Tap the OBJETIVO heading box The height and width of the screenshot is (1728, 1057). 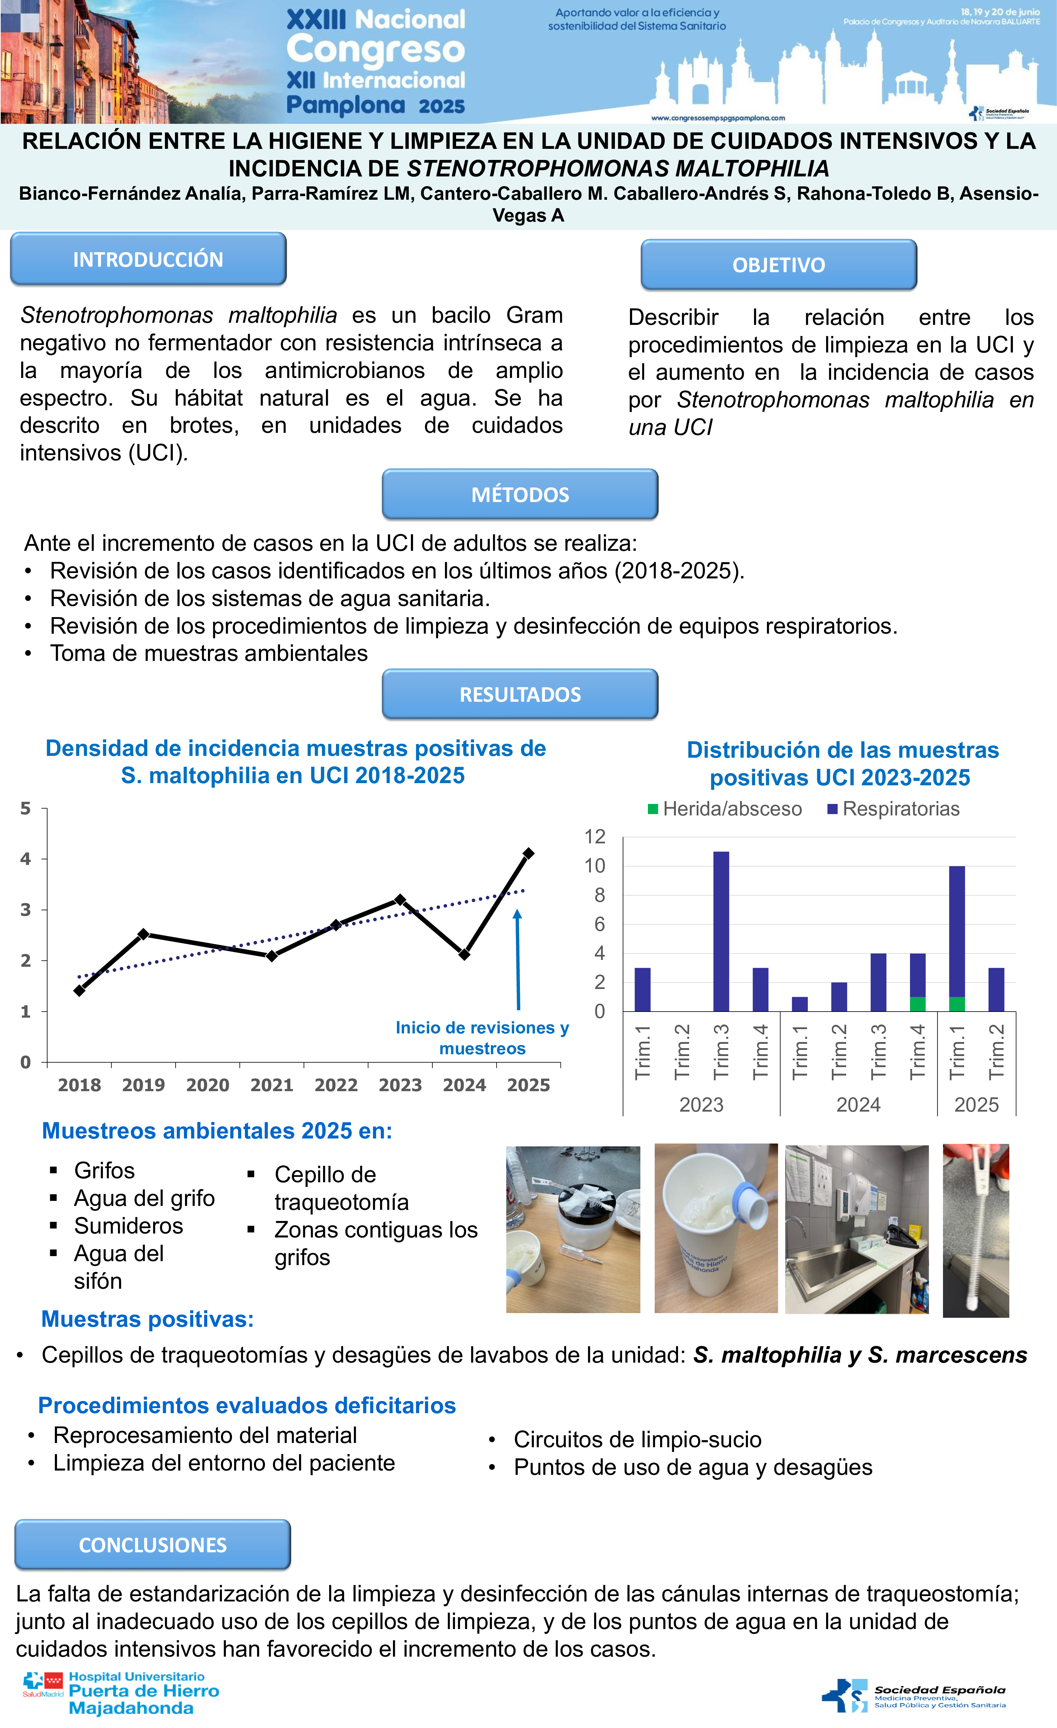pyautogui.click(x=778, y=264)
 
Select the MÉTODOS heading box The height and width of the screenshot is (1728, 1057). pyautogui.click(x=520, y=494)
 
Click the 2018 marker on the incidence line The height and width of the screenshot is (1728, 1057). pyautogui.click(x=79, y=990)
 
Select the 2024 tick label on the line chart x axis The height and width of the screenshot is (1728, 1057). pyautogui.click(x=464, y=1085)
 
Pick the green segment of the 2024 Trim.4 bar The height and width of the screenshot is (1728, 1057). pyautogui.click(x=918, y=1004)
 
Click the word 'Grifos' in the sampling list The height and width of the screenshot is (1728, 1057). pyautogui.click(x=104, y=1170)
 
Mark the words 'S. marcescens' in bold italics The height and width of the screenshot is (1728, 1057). pyautogui.click(x=948, y=1355)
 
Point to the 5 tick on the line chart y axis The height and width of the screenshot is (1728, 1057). pyautogui.click(x=26, y=809)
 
